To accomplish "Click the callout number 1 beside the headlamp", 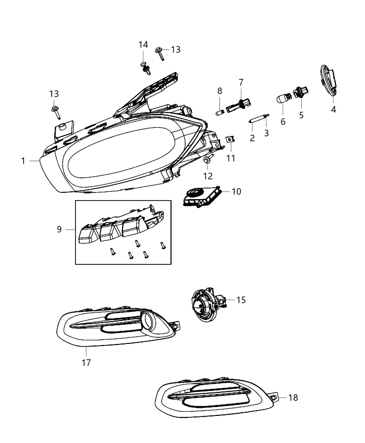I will (23, 161).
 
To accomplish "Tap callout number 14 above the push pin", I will (143, 45).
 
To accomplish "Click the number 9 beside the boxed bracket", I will (59, 229).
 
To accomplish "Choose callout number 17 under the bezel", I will (86, 363).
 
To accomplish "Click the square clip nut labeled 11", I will (229, 140).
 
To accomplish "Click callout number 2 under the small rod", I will (252, 138).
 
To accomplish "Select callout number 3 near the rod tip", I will (266, 133).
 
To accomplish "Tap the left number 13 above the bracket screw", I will (54, 94).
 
